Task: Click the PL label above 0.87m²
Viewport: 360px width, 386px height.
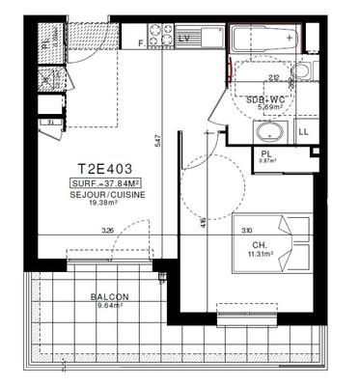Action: click(263, 152)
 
